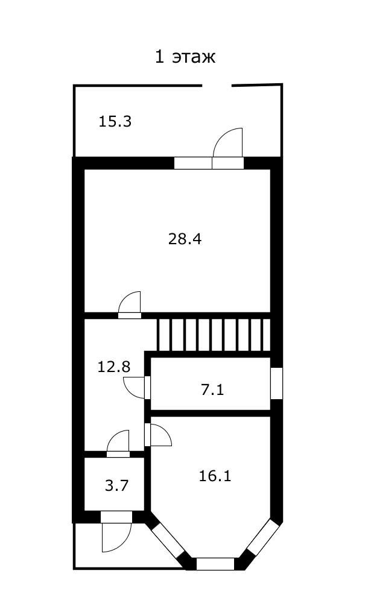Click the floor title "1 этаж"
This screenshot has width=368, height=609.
185,57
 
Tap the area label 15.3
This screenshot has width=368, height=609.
115,122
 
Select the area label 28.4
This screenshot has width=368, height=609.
185,239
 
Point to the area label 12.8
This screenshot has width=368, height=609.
113,367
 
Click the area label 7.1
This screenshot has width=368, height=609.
212,389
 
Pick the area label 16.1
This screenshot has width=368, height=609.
215,476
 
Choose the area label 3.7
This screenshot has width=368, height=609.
117,485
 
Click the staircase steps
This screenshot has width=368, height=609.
214,335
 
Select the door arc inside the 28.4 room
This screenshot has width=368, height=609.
129,302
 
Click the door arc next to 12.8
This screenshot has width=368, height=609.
134,387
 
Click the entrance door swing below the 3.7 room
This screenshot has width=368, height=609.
116,537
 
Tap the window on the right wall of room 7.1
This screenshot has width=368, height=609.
276,383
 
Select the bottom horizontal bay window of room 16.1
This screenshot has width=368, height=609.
215,564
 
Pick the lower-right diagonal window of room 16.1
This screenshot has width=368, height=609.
264,537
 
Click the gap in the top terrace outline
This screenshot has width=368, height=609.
217,85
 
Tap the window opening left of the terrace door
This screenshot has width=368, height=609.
193,163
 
